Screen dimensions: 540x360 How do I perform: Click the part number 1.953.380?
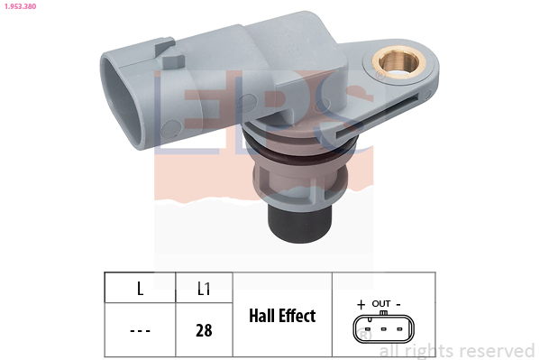tap(20, 6)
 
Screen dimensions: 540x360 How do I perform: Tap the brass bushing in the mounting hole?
tap(398, 62)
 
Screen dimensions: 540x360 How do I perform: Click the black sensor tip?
tap(299, 224)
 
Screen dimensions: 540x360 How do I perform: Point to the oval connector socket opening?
tap(123, 102)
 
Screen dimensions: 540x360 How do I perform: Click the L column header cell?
tap(140, 289)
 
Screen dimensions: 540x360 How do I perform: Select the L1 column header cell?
tap(204, 289)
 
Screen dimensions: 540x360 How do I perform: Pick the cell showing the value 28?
tap(204, 330)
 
